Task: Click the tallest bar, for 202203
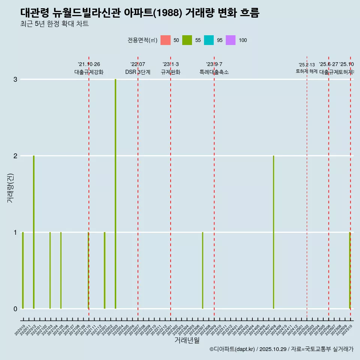click(115, 194)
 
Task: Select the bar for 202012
click(34, 232)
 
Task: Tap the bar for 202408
click(273, 232)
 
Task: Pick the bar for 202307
click(202, 270)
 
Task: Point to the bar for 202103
click(50, 270)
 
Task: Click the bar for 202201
click(105, 270)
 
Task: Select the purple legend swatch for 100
click(231, 40)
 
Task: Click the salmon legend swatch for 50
click(165, 40)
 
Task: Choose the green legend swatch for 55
click(187, 40)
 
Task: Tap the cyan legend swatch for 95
click(209, 40)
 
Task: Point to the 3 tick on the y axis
click(15, 79)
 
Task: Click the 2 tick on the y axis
click(15, 156)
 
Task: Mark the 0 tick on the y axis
click(15, 309)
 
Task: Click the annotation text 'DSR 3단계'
click(138, 72)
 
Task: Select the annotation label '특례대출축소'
click(214, 72)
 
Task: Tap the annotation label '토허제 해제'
click(307, 71)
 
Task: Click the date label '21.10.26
click(89, 64)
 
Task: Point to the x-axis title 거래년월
click(187, 340)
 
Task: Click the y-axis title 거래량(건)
click(10, 187)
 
